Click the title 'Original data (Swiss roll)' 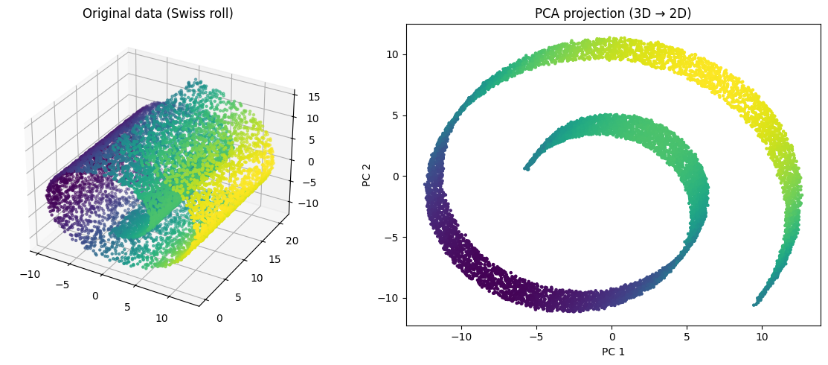[x=158, y=13]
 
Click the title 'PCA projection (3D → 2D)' [x=613, y=13]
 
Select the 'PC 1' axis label [x=613, y=352]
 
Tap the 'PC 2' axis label [x=367, y=175]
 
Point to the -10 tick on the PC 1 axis [x=461, y=337]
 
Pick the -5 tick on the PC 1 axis [x=536, y=337]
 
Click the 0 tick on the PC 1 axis [x=612, y=337]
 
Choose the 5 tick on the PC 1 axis [x=687, y=337]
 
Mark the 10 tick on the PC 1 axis [x=762, y=337]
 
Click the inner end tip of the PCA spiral [x=526, y=168]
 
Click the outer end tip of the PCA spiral [x=754, y=304]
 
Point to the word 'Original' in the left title [x=104, y=13]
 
